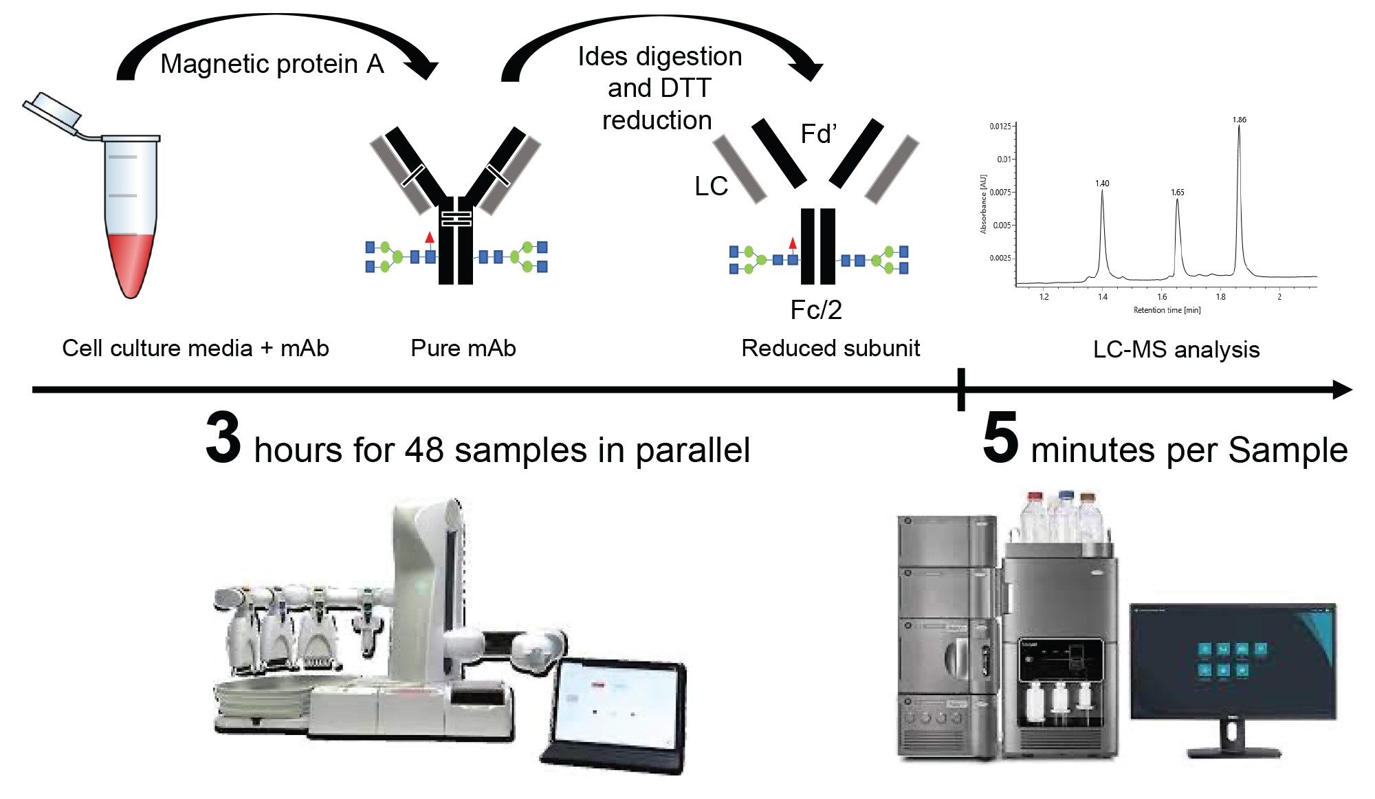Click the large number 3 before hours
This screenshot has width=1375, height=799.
[x=223, y=438]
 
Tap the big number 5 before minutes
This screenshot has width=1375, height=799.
[x=1000, y=438]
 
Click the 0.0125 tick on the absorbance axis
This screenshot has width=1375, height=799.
[x=1000, y=127]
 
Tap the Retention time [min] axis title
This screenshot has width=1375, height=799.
[x=1167, y=310]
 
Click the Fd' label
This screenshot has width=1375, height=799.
[x=818, y=134]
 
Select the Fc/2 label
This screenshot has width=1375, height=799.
[x=816, y=310]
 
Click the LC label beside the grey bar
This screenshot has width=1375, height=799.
[x=711, y=186]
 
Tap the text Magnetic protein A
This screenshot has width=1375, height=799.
[x=272, y=64]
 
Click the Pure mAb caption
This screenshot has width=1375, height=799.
[x=463, y=348]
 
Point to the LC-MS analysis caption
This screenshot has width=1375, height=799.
[x=1176, y=349]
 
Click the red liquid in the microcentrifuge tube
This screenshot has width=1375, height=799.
[x=131, y=261]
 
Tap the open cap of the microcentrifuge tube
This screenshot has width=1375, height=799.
[x=52, y=110]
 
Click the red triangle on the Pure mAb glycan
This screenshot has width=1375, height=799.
[x=430, y=238]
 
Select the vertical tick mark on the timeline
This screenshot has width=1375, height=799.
[x=961, y=389]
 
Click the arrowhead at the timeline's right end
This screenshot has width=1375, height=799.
[x=1343, y=390]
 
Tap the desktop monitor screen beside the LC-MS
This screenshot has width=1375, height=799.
[x=1233, y=661]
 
